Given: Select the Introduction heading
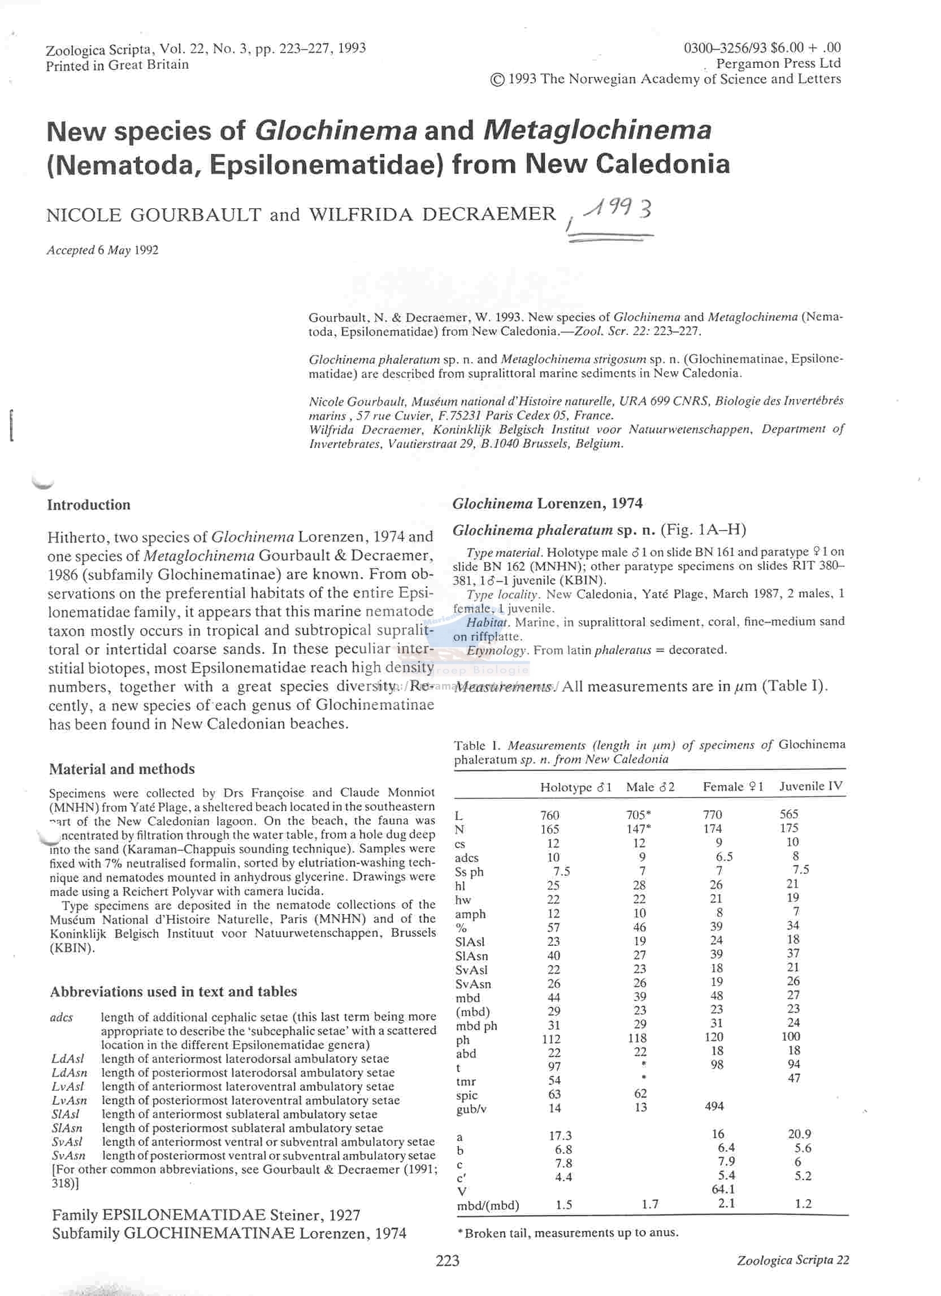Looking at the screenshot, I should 89,505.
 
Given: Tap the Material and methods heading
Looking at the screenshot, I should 122,769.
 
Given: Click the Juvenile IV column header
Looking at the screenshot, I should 811,786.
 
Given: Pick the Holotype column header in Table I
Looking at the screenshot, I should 575,787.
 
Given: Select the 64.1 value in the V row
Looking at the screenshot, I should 723,1189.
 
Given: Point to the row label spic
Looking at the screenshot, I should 467,1095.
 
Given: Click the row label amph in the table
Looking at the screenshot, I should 470,914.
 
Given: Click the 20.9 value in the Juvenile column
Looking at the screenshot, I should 798,1134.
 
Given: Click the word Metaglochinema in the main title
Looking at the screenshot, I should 597,130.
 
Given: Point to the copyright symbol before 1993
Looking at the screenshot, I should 497,80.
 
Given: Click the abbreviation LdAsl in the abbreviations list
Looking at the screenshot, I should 67,1058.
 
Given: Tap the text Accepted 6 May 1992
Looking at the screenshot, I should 102,249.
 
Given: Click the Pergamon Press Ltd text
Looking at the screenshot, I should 778,63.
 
